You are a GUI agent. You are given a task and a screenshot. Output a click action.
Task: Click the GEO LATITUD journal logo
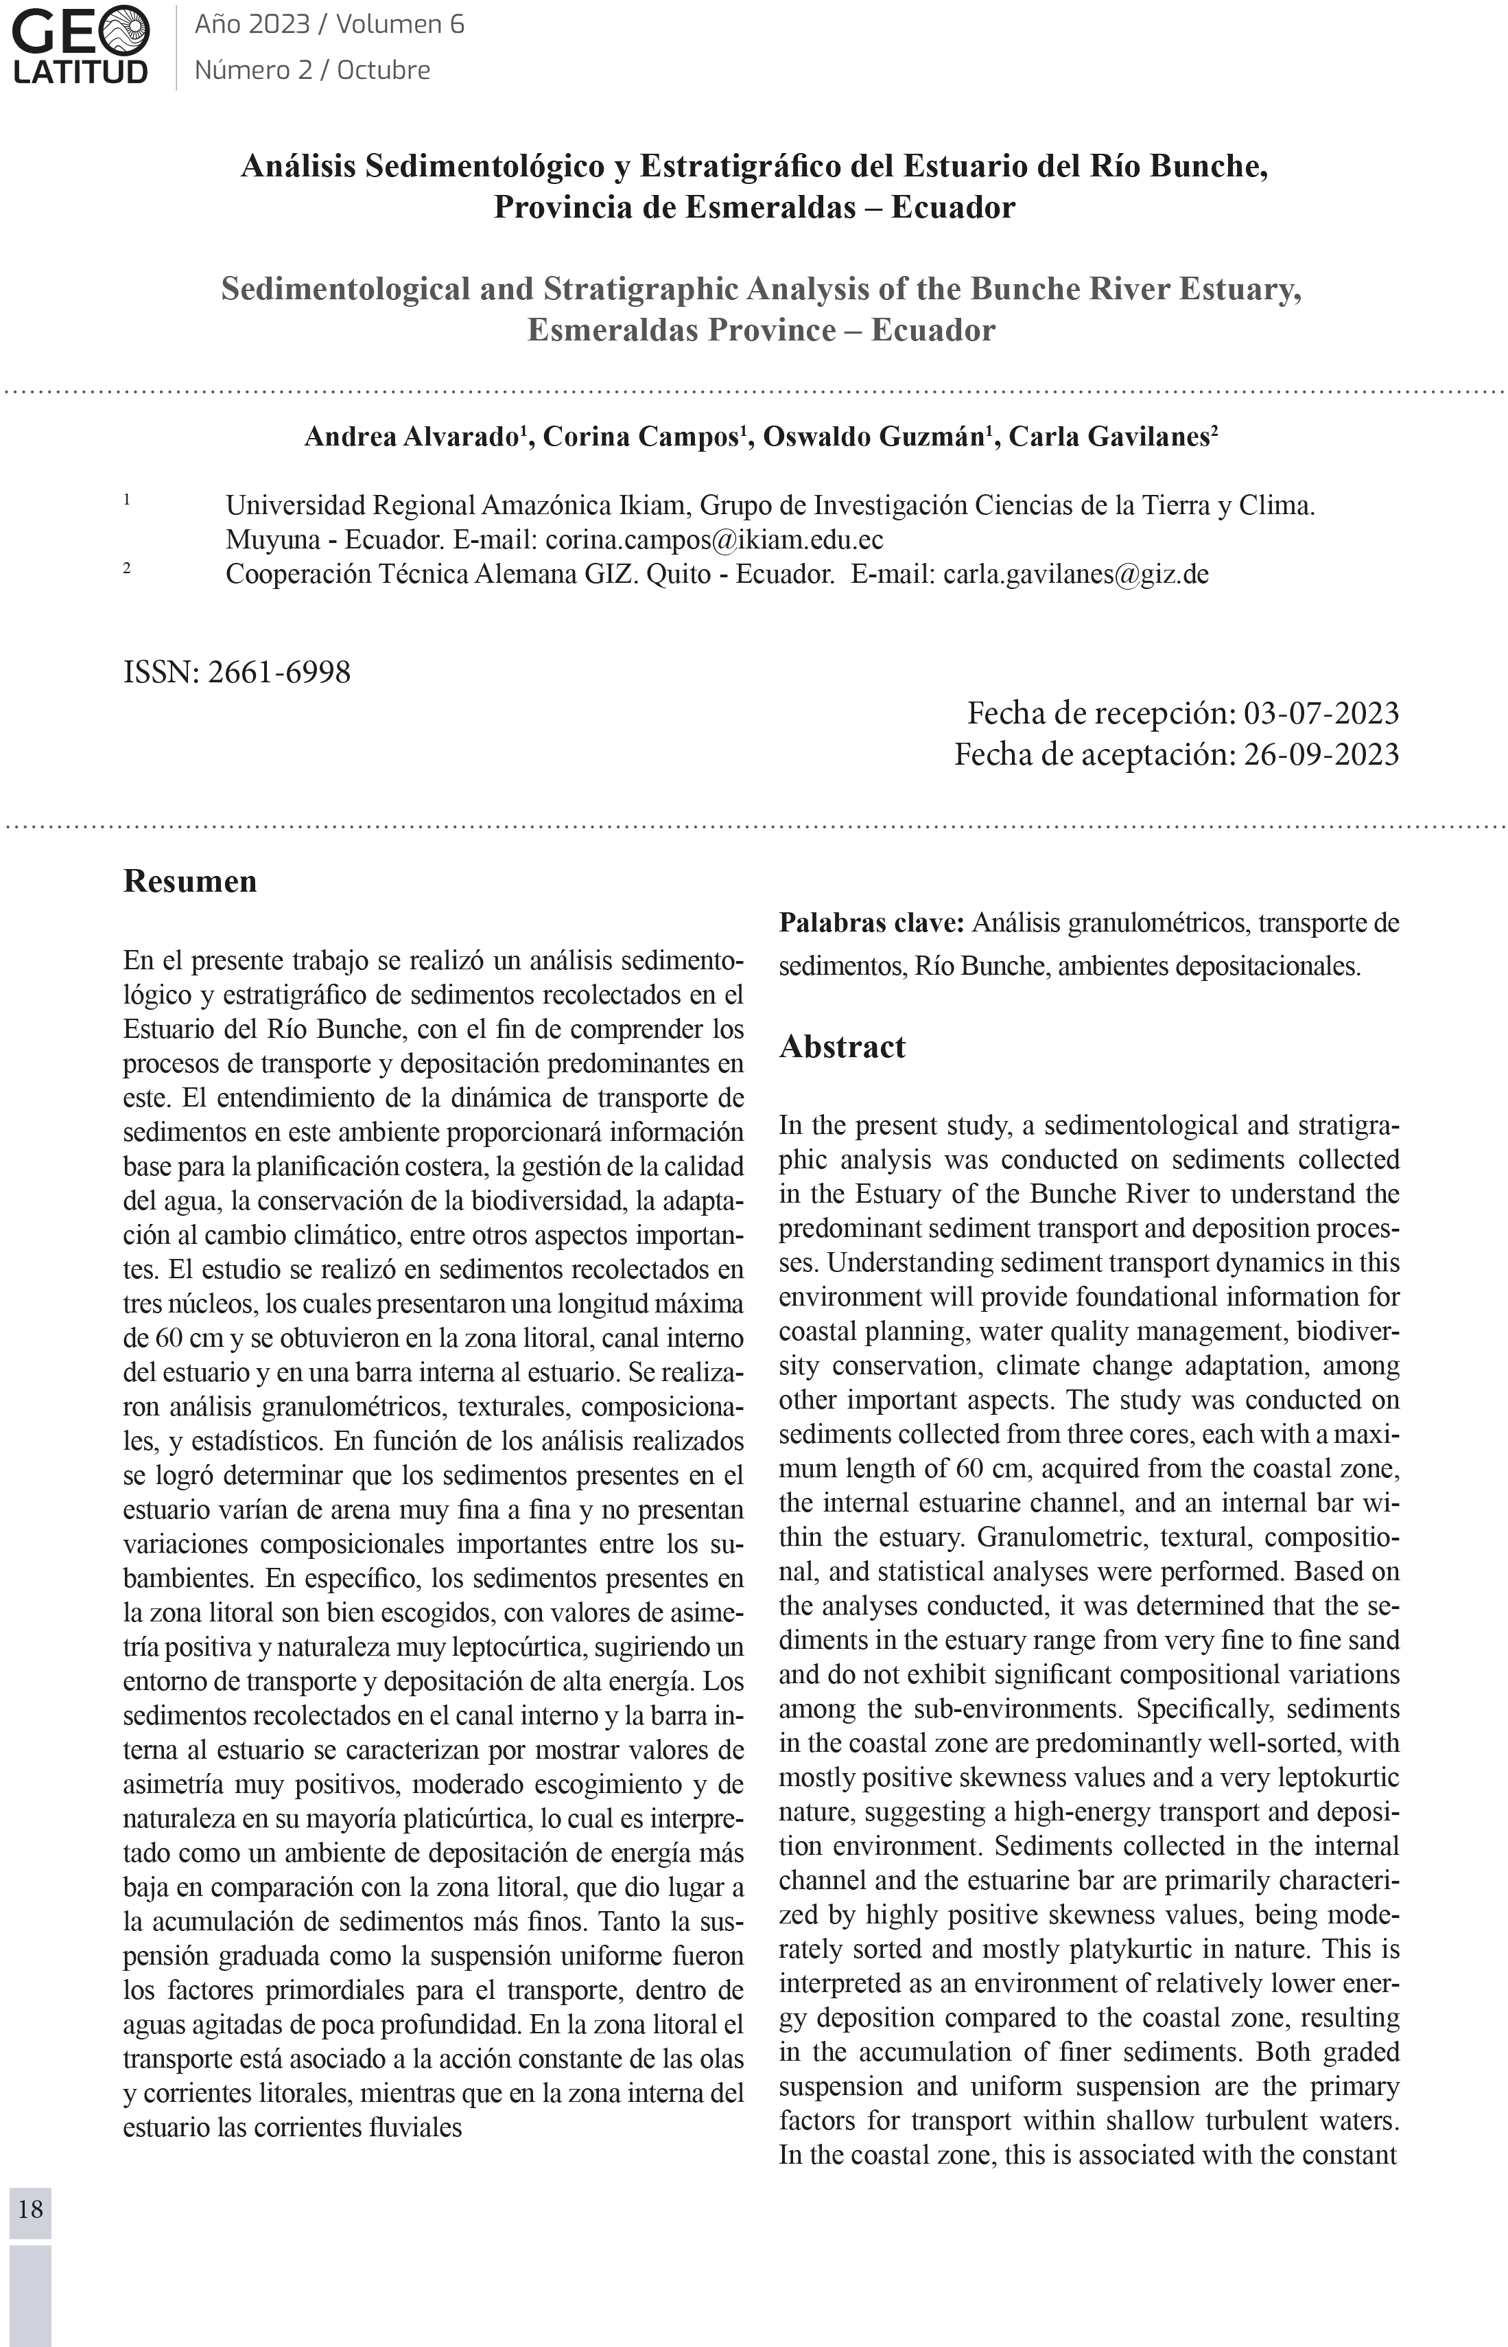[x=81, y=45]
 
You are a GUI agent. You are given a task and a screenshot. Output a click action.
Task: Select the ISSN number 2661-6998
[x=279, y=673]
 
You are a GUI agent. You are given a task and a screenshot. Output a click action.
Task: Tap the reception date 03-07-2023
[x=1320, y=713]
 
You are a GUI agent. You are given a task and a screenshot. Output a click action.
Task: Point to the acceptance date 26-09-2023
[x=1320, y=755]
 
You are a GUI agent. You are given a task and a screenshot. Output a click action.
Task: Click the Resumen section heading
[x=190, y=881]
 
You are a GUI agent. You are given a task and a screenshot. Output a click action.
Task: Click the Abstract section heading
[x=842, y=1046]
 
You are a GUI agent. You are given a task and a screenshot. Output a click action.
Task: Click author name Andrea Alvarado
[x=410, y=437]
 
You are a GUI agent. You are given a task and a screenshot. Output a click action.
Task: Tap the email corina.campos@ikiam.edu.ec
[x=714, y=540]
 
